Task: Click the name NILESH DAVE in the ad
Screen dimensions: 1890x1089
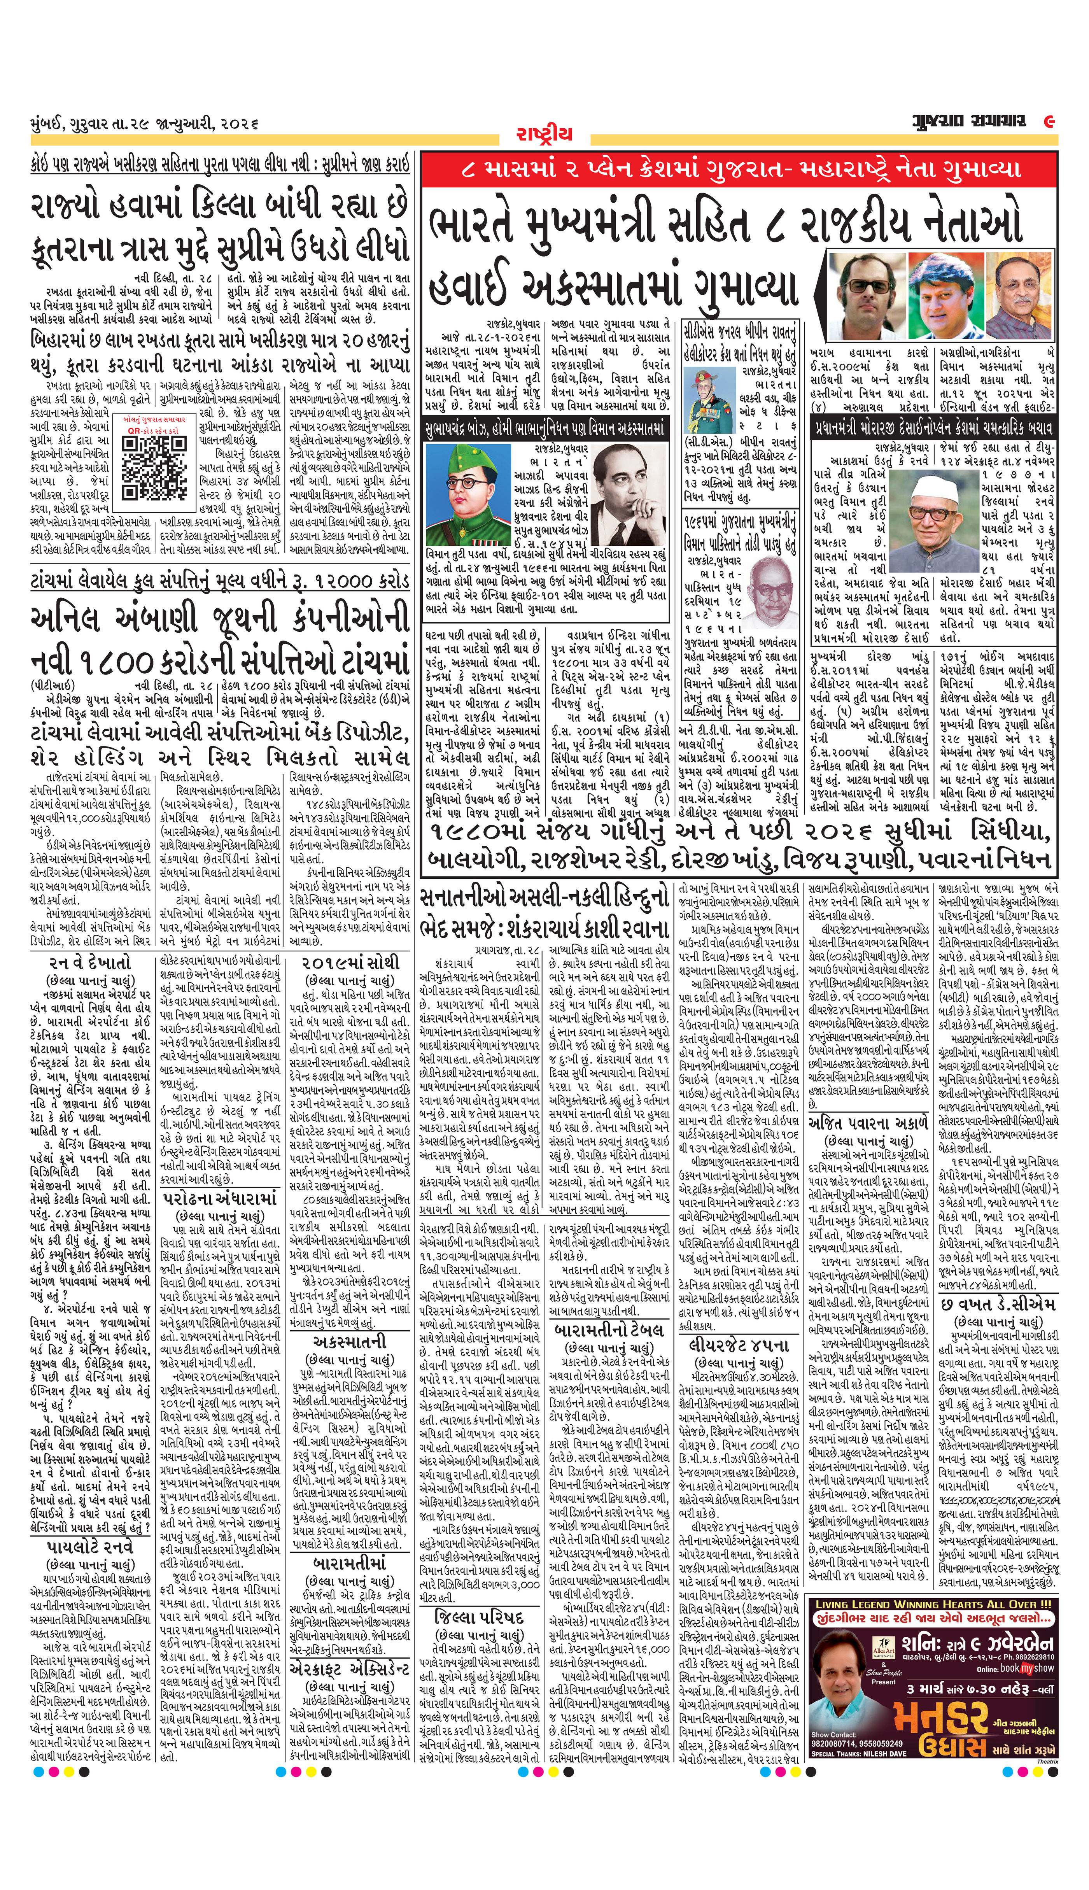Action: coord(891,1713)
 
